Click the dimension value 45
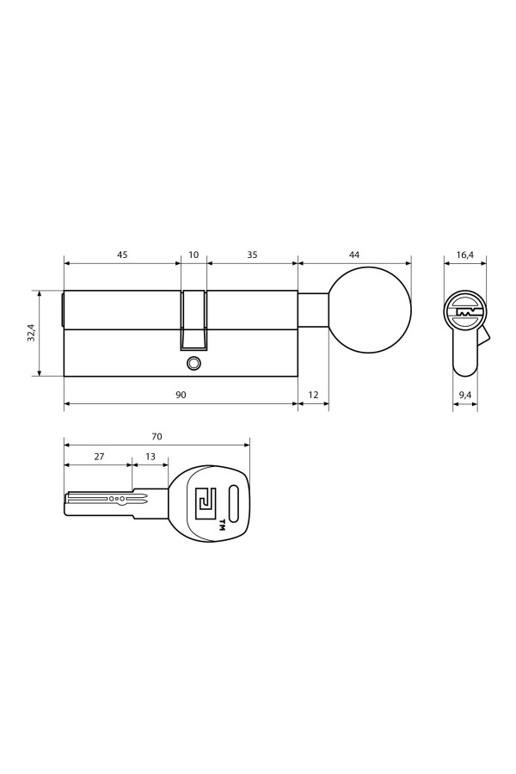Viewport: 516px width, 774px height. pyautogui.click(x=122, y=255)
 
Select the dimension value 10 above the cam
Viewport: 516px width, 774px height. pyautogui.click(x=193, y=255)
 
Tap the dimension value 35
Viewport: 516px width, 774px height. pyautogui.click(x=252, y=255)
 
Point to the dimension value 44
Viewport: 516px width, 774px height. pyautogui.click(x=354, y=255)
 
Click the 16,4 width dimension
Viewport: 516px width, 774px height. pyautogui.click(x=465, y=255)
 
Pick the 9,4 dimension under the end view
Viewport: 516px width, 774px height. pyautogui.click(x=465, y=395)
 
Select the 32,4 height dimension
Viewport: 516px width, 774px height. pyautogui.click(x=31, y=333)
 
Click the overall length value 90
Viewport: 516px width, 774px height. pyautogui.click(x=181, y=395)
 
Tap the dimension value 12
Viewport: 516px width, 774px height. pyautogui.click(x=313, y=395)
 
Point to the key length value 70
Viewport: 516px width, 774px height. pyautogui.click(x=157, y=436)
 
